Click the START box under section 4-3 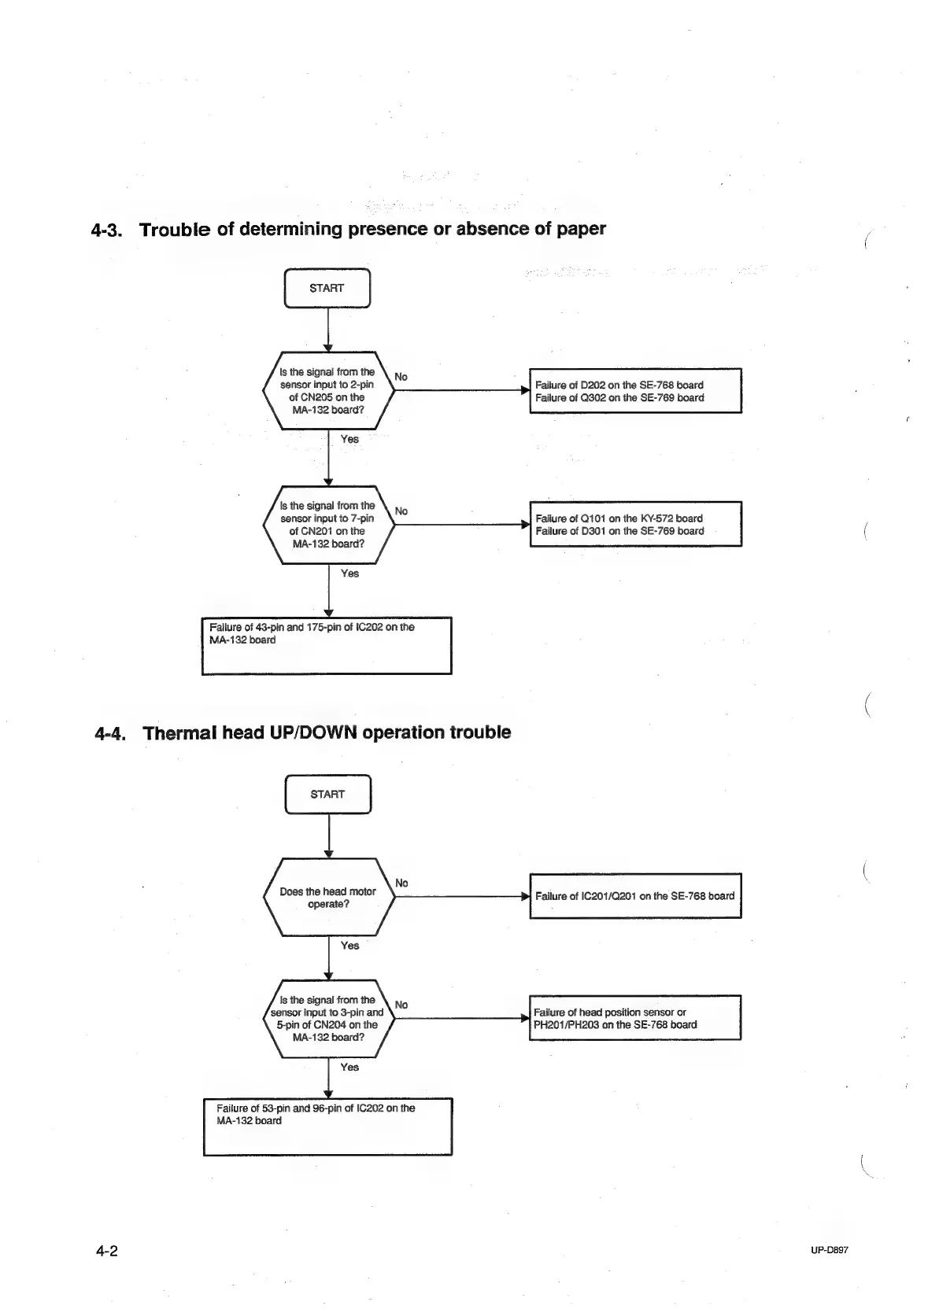327,288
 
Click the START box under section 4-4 327,794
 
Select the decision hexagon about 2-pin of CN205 327,390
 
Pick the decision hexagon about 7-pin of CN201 327,525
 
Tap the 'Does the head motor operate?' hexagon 328,897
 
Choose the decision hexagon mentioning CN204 327,1018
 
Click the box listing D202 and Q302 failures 635,391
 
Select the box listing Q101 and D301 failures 635,525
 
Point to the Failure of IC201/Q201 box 635,896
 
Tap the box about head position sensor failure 635,1018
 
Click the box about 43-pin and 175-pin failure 327,646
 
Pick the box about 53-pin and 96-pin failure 327,1127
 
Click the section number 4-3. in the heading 109,231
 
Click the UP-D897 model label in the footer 829,1250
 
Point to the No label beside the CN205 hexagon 401,377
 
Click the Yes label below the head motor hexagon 349,946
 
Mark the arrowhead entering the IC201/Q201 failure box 525,896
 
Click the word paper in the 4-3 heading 579,230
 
